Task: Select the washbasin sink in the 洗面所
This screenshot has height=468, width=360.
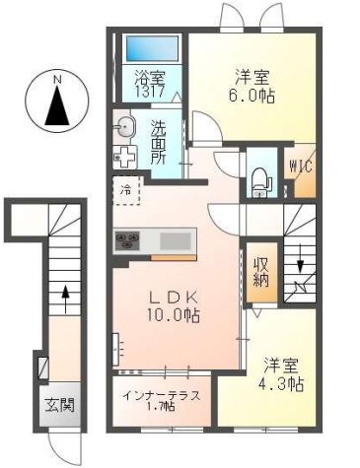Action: point(125,125)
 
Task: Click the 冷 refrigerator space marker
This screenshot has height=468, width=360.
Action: point(126,187)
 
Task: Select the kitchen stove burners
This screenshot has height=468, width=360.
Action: point(129,240)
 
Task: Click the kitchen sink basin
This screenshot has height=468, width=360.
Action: point(177,240)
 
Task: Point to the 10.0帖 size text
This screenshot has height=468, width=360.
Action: point(175,315)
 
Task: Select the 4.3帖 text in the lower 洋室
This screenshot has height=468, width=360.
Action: point(282,382)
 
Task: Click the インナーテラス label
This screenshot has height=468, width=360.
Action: point(162,396)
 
